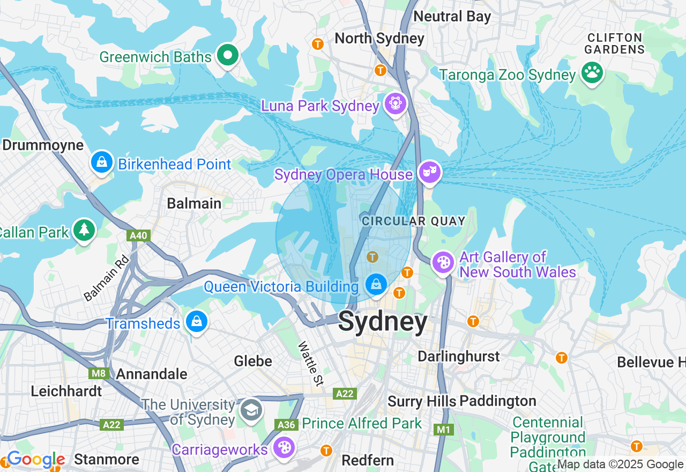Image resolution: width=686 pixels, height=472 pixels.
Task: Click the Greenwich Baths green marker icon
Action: [228, 55]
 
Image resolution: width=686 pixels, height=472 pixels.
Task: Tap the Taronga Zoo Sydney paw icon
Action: [592, 73]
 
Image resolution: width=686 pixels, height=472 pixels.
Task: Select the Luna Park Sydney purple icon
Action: [396, 103]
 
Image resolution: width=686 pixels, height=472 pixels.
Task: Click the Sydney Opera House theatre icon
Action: [430, 173]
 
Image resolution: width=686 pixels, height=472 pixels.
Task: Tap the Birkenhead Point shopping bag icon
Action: [101, 162]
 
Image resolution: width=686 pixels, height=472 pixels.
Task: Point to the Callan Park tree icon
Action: [84, 230]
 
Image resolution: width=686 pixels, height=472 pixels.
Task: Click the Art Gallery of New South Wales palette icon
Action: [444, 263]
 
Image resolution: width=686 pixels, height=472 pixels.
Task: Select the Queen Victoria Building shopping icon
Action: [377, 284]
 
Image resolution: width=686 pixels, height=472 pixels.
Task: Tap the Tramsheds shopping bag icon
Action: [197, 322]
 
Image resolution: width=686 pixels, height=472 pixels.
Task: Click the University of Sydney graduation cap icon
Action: [250, 410]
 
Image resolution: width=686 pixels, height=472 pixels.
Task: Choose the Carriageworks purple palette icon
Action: [283, 447]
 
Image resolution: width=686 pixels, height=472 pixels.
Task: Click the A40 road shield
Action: [139, 235]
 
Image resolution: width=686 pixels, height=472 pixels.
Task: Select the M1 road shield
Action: [444, 429]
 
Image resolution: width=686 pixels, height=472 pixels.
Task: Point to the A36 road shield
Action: [286, 425]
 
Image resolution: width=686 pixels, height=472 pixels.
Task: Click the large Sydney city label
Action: [383, 322]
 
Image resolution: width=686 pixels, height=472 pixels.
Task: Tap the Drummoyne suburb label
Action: [43, 145]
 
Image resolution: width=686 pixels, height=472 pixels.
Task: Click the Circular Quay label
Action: [413, 221]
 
